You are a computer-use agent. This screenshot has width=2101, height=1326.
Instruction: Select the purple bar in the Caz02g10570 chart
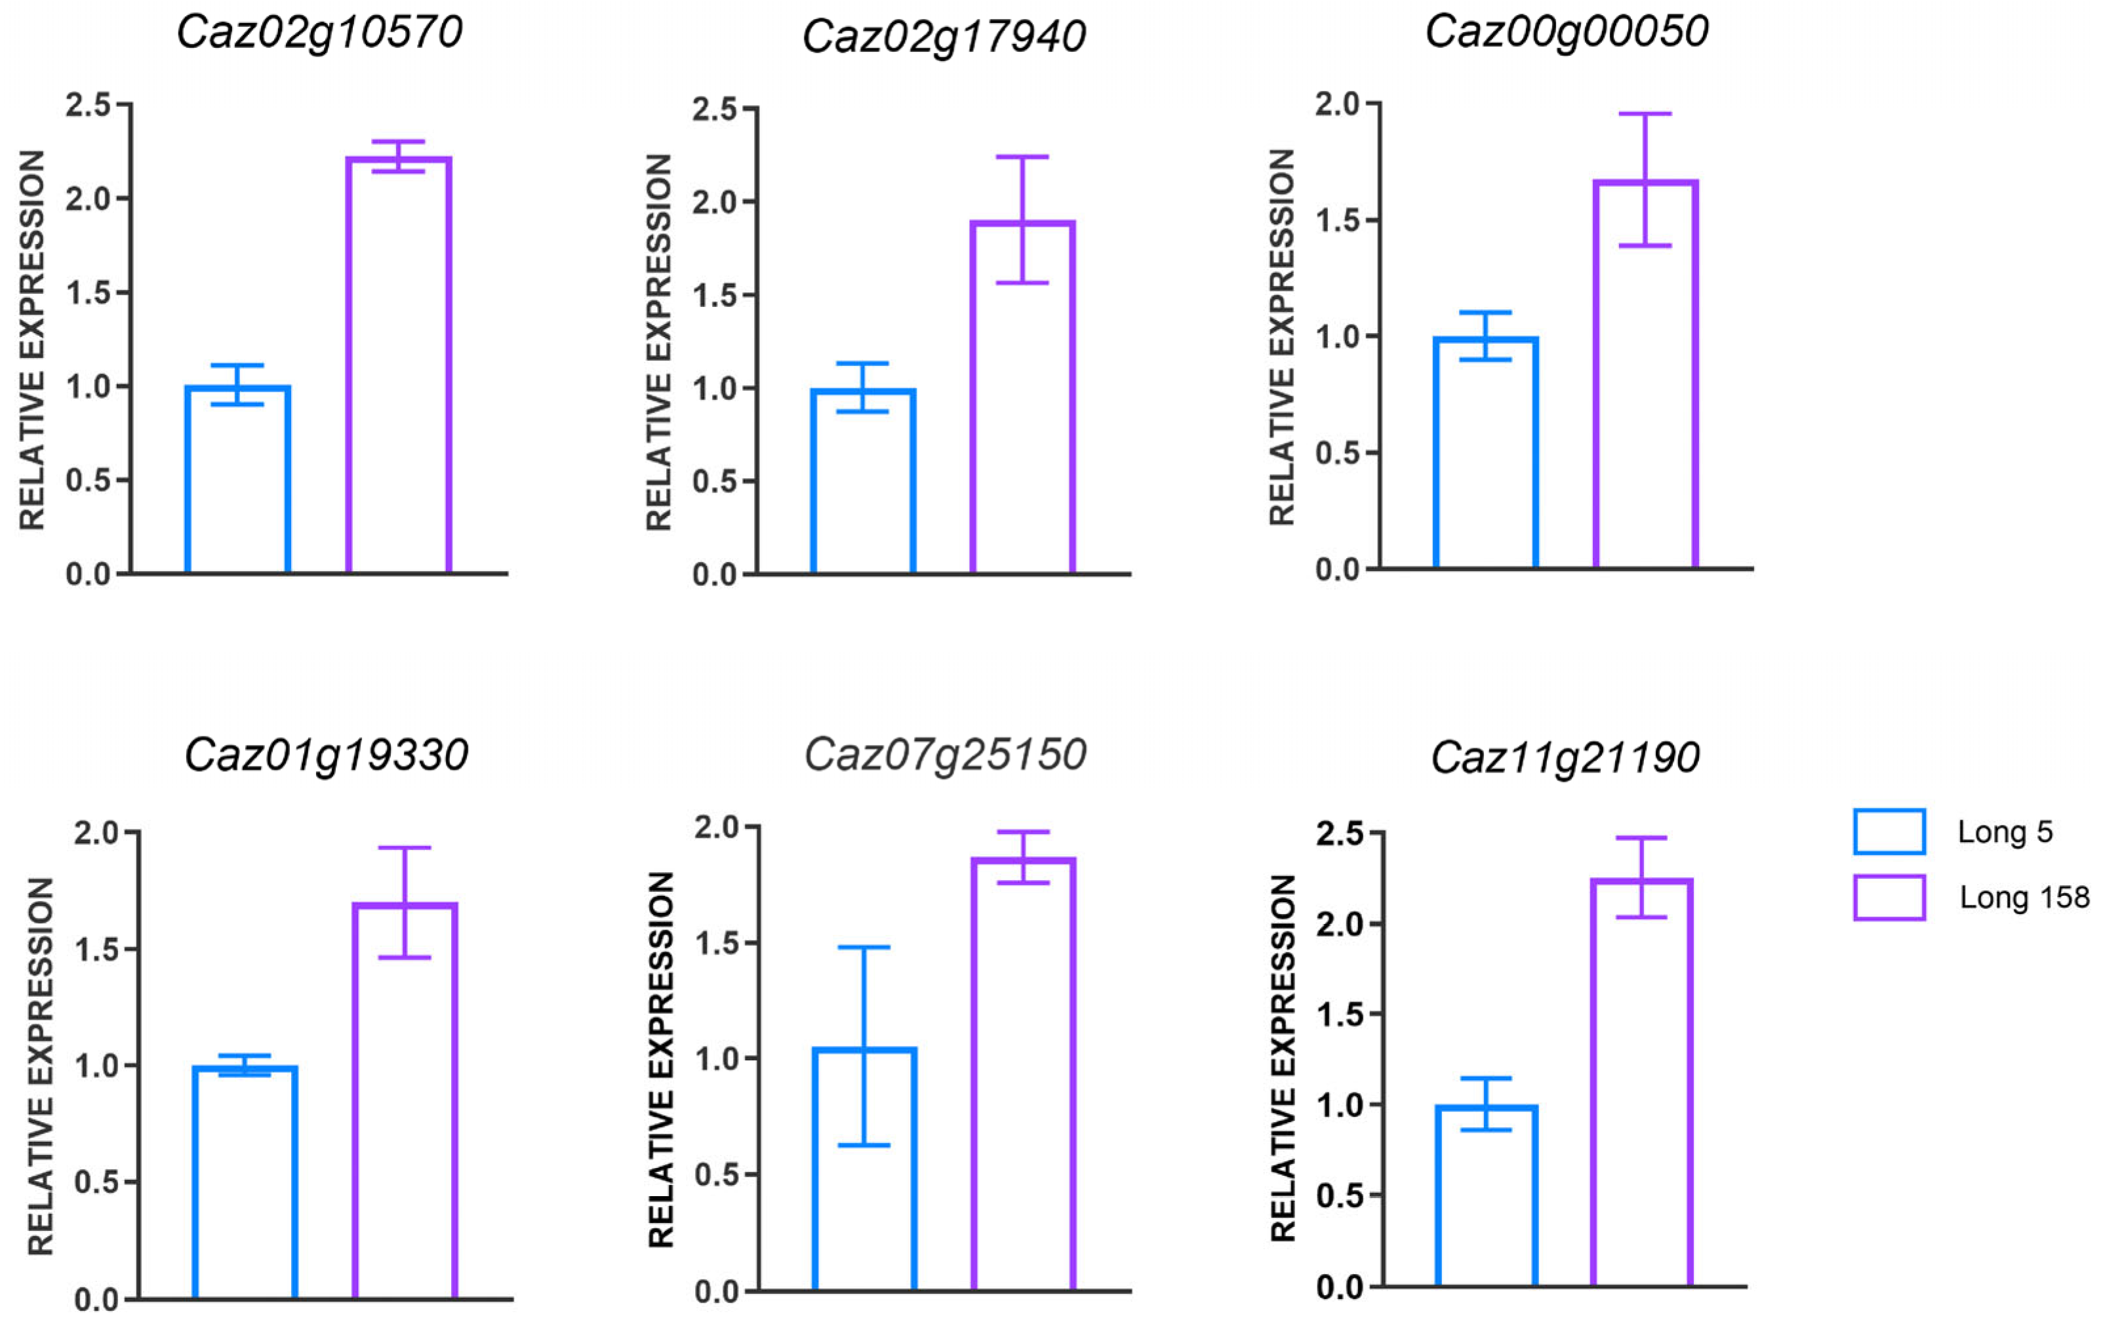(x=398, y=367)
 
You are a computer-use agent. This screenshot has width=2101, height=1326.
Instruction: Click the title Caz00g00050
(x=1566, y=32)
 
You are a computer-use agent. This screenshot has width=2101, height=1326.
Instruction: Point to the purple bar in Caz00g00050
(x=1645, y=375)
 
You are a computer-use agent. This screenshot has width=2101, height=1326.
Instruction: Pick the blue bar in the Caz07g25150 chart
(x=864, y=1169)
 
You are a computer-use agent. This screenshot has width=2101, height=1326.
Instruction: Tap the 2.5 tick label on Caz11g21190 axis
(x=1339, y=834)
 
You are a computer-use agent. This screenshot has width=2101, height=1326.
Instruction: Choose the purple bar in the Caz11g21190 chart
(x=1641, y=1082)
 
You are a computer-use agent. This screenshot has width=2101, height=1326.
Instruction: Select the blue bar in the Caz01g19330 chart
(x=245, y=1182)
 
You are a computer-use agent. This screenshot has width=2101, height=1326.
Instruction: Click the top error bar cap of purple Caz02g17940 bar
(x=1022, y=157)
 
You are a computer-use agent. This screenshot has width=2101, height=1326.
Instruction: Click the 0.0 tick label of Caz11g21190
(x=1339, y=1287)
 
